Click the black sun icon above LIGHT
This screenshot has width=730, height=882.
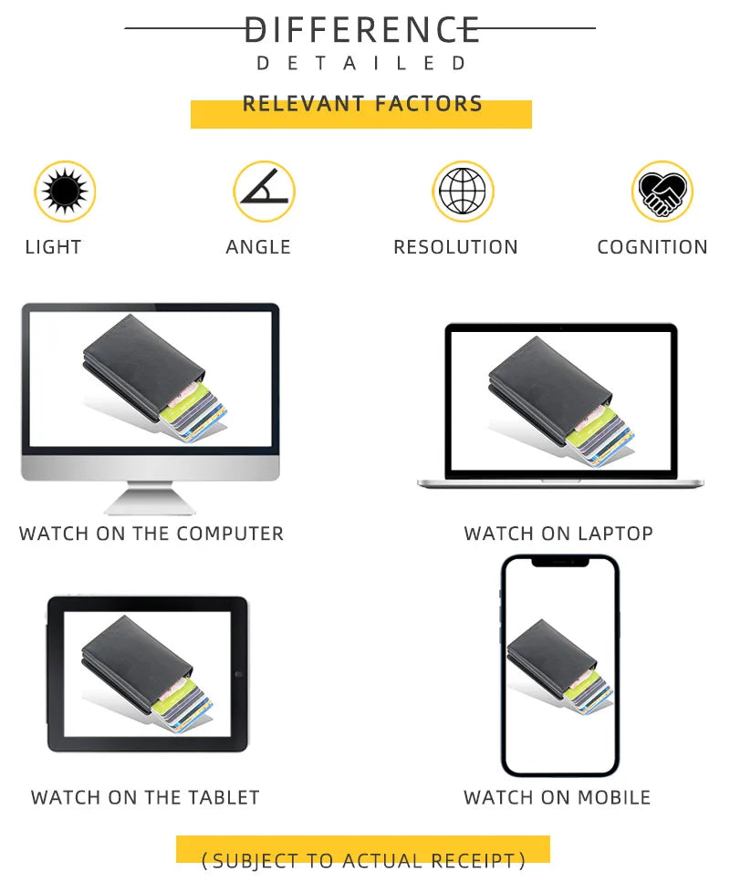65,191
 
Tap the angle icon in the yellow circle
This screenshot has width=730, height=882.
265,186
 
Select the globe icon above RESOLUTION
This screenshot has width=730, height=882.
463,191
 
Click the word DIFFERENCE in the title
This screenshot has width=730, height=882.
362,30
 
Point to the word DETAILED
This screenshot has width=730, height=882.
362,63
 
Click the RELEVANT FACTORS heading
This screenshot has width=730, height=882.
362,103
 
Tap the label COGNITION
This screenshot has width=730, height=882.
652,247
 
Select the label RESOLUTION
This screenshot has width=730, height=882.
455,247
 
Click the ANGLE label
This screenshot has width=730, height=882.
258,247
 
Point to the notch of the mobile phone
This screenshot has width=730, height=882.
560,561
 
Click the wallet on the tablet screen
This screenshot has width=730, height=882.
148,674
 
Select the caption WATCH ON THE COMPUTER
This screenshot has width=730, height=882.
151,534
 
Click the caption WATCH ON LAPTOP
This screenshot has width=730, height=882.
558,534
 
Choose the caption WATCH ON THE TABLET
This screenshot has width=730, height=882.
145,797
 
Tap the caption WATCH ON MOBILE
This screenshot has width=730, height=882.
558,797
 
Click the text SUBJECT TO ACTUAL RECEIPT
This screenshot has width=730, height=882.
363,861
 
